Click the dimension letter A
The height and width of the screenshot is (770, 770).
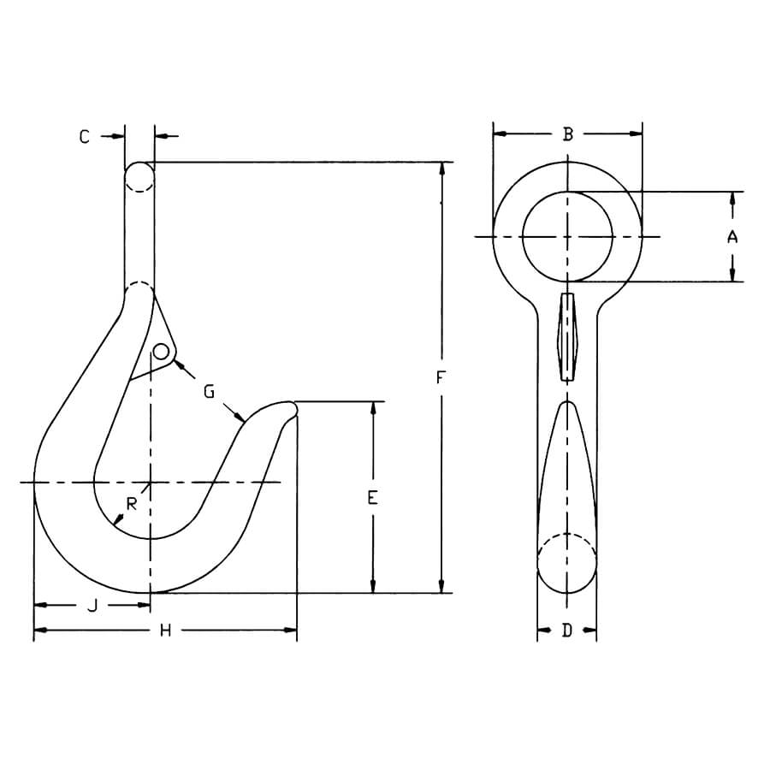tap(732, 237)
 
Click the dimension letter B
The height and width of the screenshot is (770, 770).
tap(567, 133)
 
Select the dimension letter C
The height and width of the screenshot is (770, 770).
tap(85, 135)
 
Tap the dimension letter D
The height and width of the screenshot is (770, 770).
tap(566, 631)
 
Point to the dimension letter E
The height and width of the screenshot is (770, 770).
tap(372, 497)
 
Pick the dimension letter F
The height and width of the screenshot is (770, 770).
tap(441, 377)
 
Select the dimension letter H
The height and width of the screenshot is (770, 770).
tap(166, 631)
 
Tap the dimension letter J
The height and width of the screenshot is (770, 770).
tap(92, 606)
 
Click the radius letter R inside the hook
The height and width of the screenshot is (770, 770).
tap(131, 504)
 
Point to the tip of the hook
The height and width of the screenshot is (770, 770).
tap(293, 408)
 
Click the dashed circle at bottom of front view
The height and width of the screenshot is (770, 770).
tap(566, 562)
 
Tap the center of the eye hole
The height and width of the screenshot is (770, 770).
tap(567, 236)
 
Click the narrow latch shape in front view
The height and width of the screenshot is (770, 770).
tap(566, 336)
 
